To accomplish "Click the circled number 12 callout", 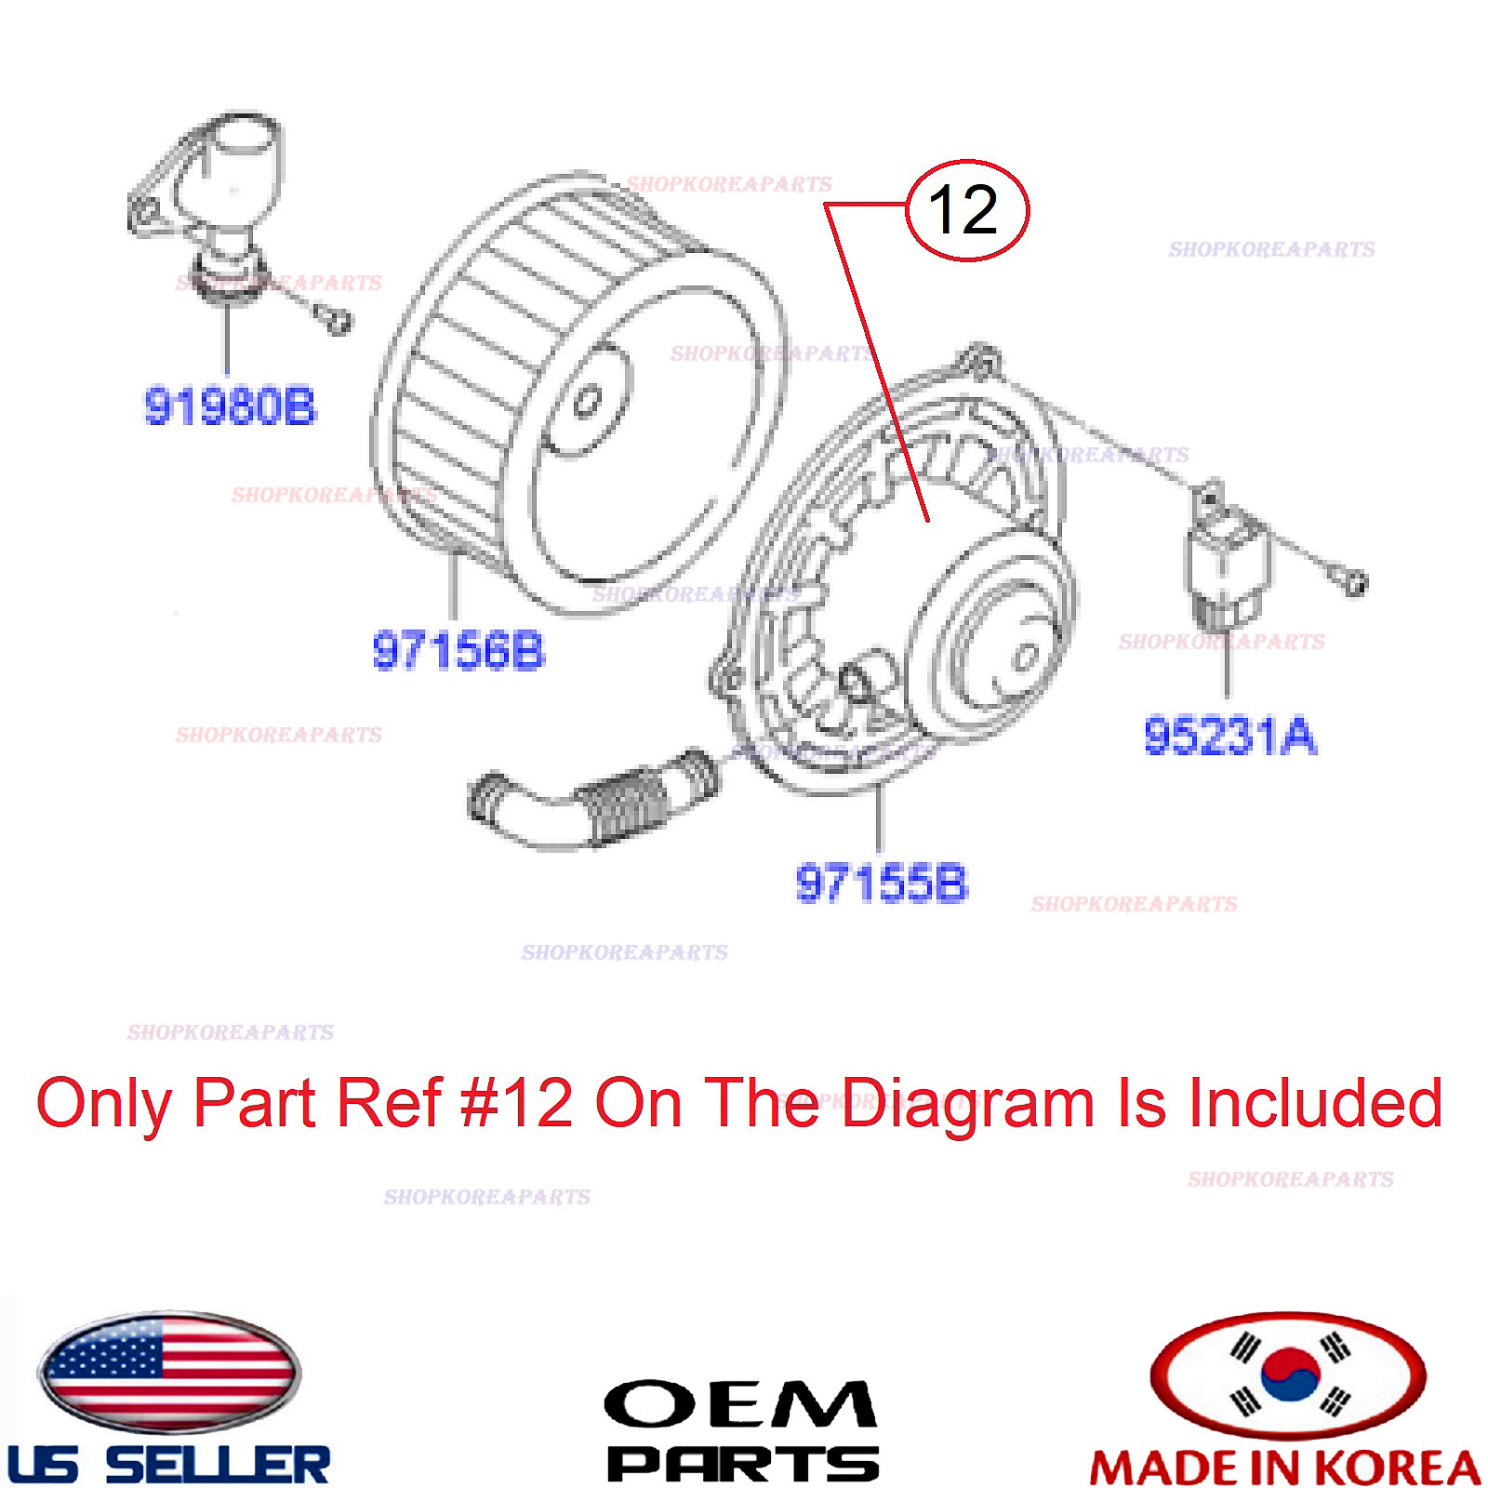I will click(966, 210).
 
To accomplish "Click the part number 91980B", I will click(230, 406).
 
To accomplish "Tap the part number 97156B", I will click(458, 650).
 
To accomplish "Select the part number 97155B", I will click(881, 883).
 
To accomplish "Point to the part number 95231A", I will click(1229, 736).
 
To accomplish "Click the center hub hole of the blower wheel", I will click(587, 403).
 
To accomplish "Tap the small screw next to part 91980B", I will click(337, 322).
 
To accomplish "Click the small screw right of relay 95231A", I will click(1356, 583).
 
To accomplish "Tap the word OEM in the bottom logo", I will click(739, 1404).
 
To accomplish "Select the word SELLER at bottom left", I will click(218, 1465).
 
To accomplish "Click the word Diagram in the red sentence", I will click(967, 1104).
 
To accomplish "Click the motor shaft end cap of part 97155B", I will click(1025, 657).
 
